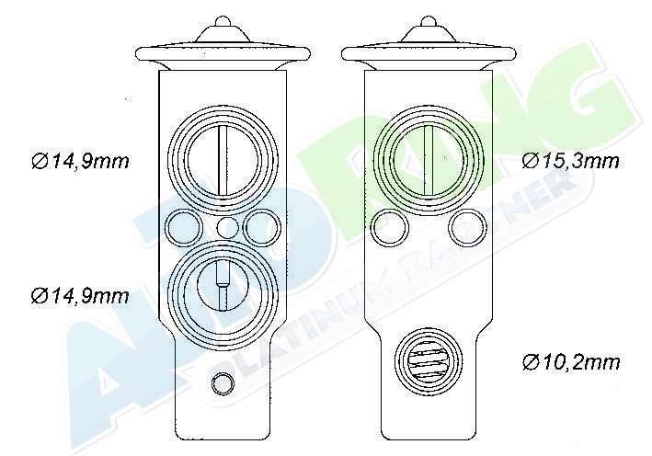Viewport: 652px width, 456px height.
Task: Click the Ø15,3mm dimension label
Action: point(570,161)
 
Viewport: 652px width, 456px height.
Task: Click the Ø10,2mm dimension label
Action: point(570,362)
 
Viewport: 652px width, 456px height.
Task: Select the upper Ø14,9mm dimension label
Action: point(80,161)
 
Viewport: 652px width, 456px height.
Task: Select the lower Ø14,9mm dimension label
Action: point(80,296)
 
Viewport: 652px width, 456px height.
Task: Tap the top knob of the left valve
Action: point(223,21)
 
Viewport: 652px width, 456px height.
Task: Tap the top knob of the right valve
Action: point(429,21)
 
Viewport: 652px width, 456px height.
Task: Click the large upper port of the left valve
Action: point(223,160)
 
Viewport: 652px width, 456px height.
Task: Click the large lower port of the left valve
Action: point(223,294)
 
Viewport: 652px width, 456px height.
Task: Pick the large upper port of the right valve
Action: point(429,160)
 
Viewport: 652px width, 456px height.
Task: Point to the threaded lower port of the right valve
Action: point(429,360)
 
